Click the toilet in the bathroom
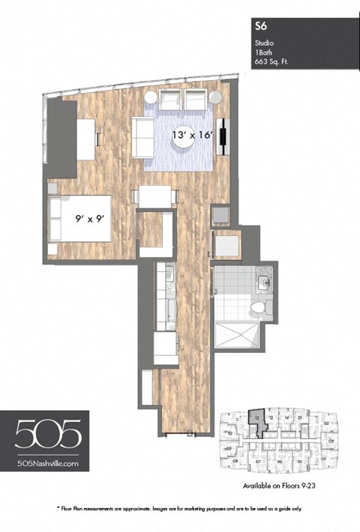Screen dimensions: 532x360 point(257,307)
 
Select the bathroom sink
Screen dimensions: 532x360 point(263,282)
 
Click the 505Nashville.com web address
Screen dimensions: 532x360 point(46,465)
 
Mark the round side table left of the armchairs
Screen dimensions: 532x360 point(151,97)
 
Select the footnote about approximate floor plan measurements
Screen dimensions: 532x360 point(180,509)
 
